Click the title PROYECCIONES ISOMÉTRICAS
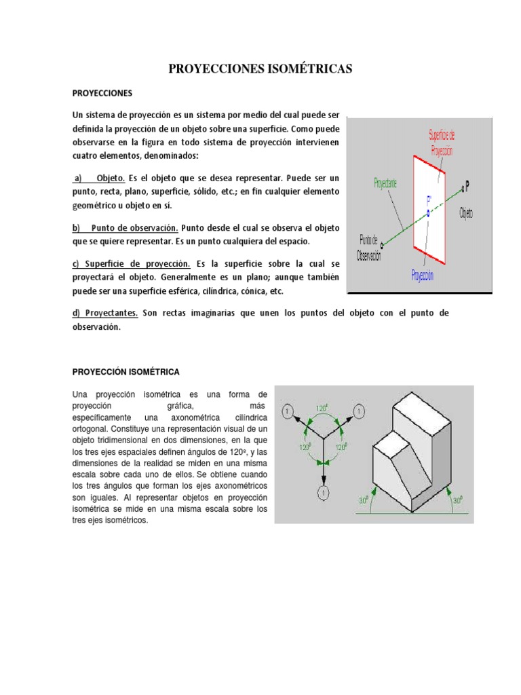click(260, 69)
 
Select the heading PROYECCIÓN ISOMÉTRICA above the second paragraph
click(126, 372)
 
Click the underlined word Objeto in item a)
click(111, 178)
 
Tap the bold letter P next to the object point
click(467, 185)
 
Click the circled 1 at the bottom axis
click(324, 493)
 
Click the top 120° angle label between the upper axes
click(323, 409)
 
